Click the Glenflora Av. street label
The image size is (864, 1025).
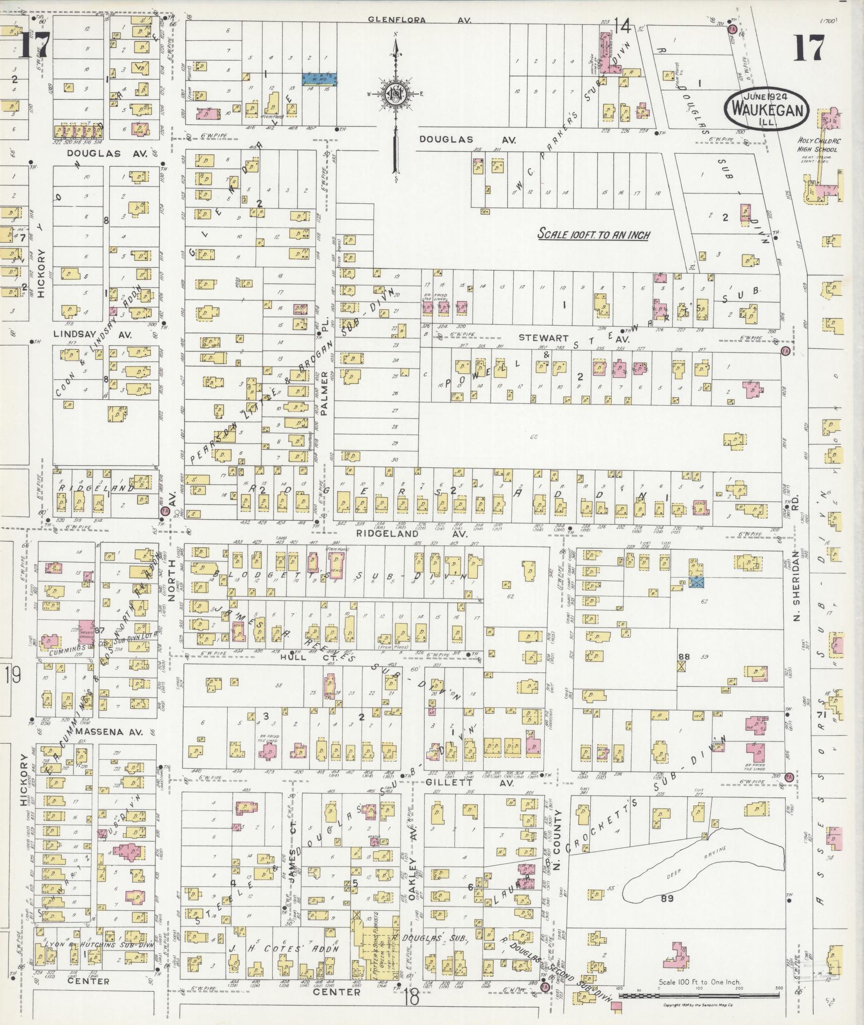pyautogui.click(x=419, y=20)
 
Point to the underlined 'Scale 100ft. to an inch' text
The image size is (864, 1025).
pyautogui.click(x=593, y=235)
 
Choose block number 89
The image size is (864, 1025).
pyautogui.click(x=667, y=898)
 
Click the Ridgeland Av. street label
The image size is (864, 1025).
pyautogui.click(x=412, y=534)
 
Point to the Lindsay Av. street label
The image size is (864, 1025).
pyautogui.click(x=93, y=334)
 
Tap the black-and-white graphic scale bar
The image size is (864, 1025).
pyautogui.click(x=699, y=996)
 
